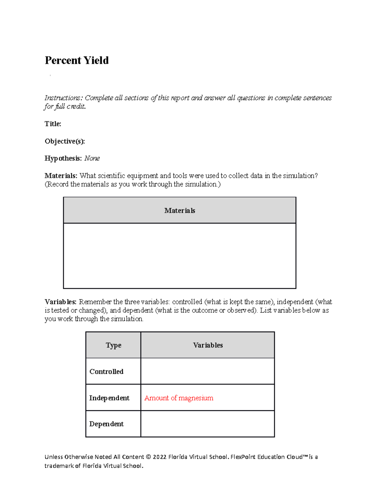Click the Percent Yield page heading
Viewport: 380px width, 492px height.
point(77,60)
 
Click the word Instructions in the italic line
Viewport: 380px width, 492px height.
point(62,98)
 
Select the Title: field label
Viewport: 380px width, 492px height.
point(53,124)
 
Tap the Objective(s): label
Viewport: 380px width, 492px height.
point(65,141)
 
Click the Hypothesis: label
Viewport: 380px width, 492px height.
point(63,158)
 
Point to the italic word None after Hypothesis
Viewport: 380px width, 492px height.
point(92,158)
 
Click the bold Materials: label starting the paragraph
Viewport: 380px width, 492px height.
point(61,176)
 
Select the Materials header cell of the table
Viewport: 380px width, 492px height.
point(180,211)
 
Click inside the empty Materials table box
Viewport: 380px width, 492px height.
point(180,256)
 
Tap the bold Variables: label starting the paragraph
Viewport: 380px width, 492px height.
point(60,302)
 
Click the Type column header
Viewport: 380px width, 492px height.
point(113,345)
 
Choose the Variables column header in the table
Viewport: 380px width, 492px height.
point(208,345)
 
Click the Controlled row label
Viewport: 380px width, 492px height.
point(106,372)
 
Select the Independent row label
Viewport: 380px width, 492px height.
point(109,398)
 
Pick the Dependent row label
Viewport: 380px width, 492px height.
point(106,424)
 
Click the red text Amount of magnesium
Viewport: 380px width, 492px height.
point(179,398)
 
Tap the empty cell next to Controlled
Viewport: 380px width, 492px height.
point(207,371)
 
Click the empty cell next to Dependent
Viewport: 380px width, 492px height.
point(207,424)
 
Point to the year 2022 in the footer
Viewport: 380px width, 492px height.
point(160,457)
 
